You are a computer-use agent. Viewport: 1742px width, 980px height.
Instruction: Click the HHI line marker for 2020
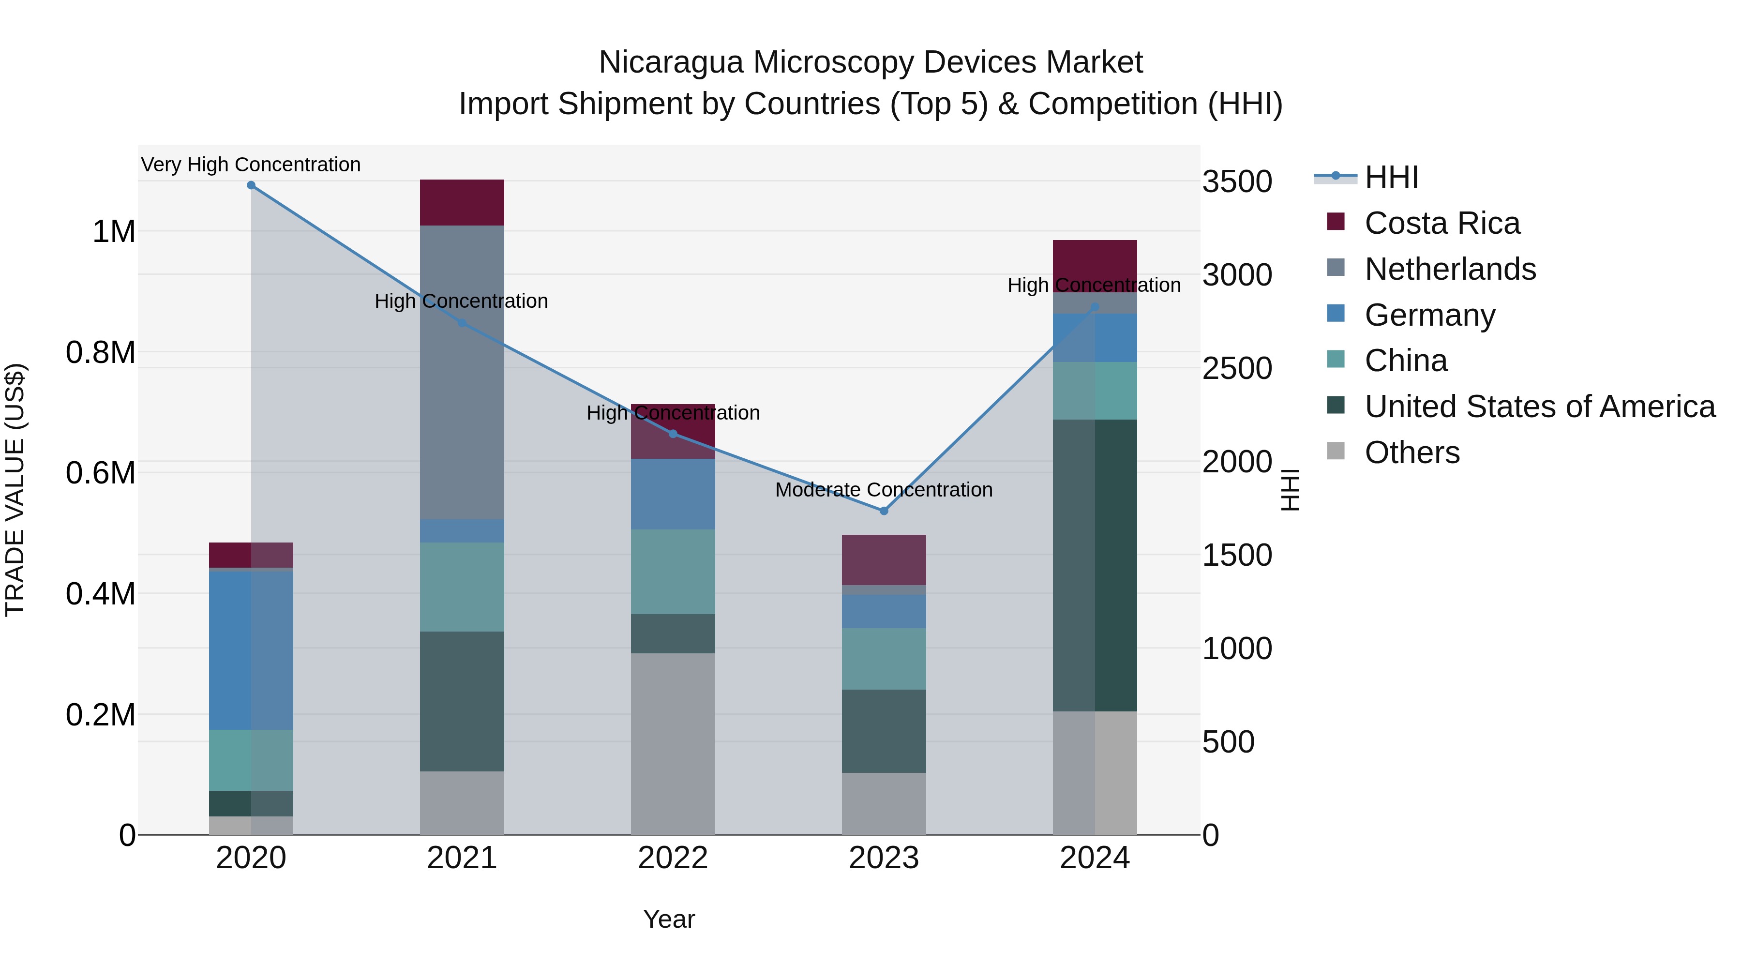(251, 185)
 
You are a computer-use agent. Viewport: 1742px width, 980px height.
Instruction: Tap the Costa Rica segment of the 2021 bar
(462, 202)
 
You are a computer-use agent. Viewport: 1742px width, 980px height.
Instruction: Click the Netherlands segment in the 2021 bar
(462, 372)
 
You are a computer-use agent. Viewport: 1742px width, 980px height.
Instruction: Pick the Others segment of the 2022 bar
(673, 743)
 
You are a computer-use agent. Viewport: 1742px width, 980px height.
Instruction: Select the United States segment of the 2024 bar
(1095, 565)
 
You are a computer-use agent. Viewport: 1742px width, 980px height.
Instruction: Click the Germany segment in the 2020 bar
(251, 650)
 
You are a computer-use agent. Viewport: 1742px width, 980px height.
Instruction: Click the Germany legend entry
(1429, 315)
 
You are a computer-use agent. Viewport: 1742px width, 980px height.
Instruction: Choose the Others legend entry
(1412, 452)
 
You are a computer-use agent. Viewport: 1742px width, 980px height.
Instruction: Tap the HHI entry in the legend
(1391, 178)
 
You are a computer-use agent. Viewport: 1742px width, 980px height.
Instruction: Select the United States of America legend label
(1539, 407)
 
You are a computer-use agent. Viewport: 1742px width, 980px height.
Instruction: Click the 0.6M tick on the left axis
(101, 473)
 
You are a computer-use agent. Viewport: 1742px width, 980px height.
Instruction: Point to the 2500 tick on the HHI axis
(1237, 369)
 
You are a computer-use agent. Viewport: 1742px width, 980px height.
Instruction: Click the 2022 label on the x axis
(673, 858)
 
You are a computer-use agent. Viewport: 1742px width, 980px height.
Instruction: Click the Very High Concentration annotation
(251, 165)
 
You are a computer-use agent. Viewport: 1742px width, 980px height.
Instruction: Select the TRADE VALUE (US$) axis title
(15, 490)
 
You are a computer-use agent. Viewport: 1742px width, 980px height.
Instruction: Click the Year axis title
(669, 919)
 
